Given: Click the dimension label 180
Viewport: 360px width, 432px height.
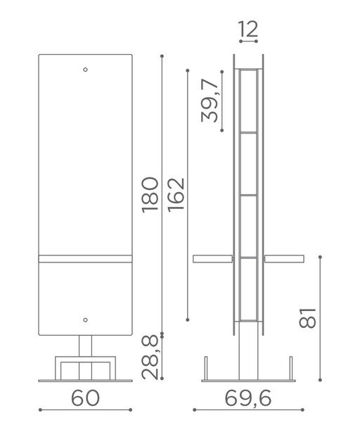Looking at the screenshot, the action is click(150, 195).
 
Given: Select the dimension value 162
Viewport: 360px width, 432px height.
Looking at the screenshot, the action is click(176, 195).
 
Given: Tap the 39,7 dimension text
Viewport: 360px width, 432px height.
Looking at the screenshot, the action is click(210, 101).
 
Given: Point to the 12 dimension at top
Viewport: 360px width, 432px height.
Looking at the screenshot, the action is click(248, 29).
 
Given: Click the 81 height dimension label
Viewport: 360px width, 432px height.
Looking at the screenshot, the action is click(307, 318).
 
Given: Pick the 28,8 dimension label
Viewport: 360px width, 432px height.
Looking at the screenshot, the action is click(150, 357).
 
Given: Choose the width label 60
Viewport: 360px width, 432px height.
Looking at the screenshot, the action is click(85, 398).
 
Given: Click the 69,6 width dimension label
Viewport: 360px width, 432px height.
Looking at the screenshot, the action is click(248, 398).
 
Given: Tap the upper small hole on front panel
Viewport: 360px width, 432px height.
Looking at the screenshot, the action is click(85, 70).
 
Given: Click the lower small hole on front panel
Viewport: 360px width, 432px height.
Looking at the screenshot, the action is click(85, 320).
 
